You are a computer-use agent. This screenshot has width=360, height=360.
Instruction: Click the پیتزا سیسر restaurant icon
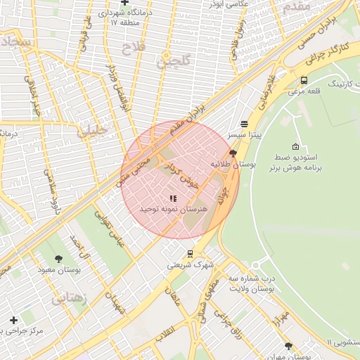244,123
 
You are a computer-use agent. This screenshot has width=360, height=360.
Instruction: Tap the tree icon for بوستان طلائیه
233,153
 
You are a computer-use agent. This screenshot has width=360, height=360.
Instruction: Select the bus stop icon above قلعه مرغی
304,80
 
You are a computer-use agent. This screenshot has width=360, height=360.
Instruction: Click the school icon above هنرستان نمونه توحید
173,199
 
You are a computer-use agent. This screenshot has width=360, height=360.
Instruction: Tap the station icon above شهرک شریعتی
190,254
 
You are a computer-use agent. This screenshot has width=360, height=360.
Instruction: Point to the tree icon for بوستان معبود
58,259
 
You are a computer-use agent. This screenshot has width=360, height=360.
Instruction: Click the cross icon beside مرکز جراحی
13,320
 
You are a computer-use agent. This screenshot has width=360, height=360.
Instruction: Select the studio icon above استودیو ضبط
295,146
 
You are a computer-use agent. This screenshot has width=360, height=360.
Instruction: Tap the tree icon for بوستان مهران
288,346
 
